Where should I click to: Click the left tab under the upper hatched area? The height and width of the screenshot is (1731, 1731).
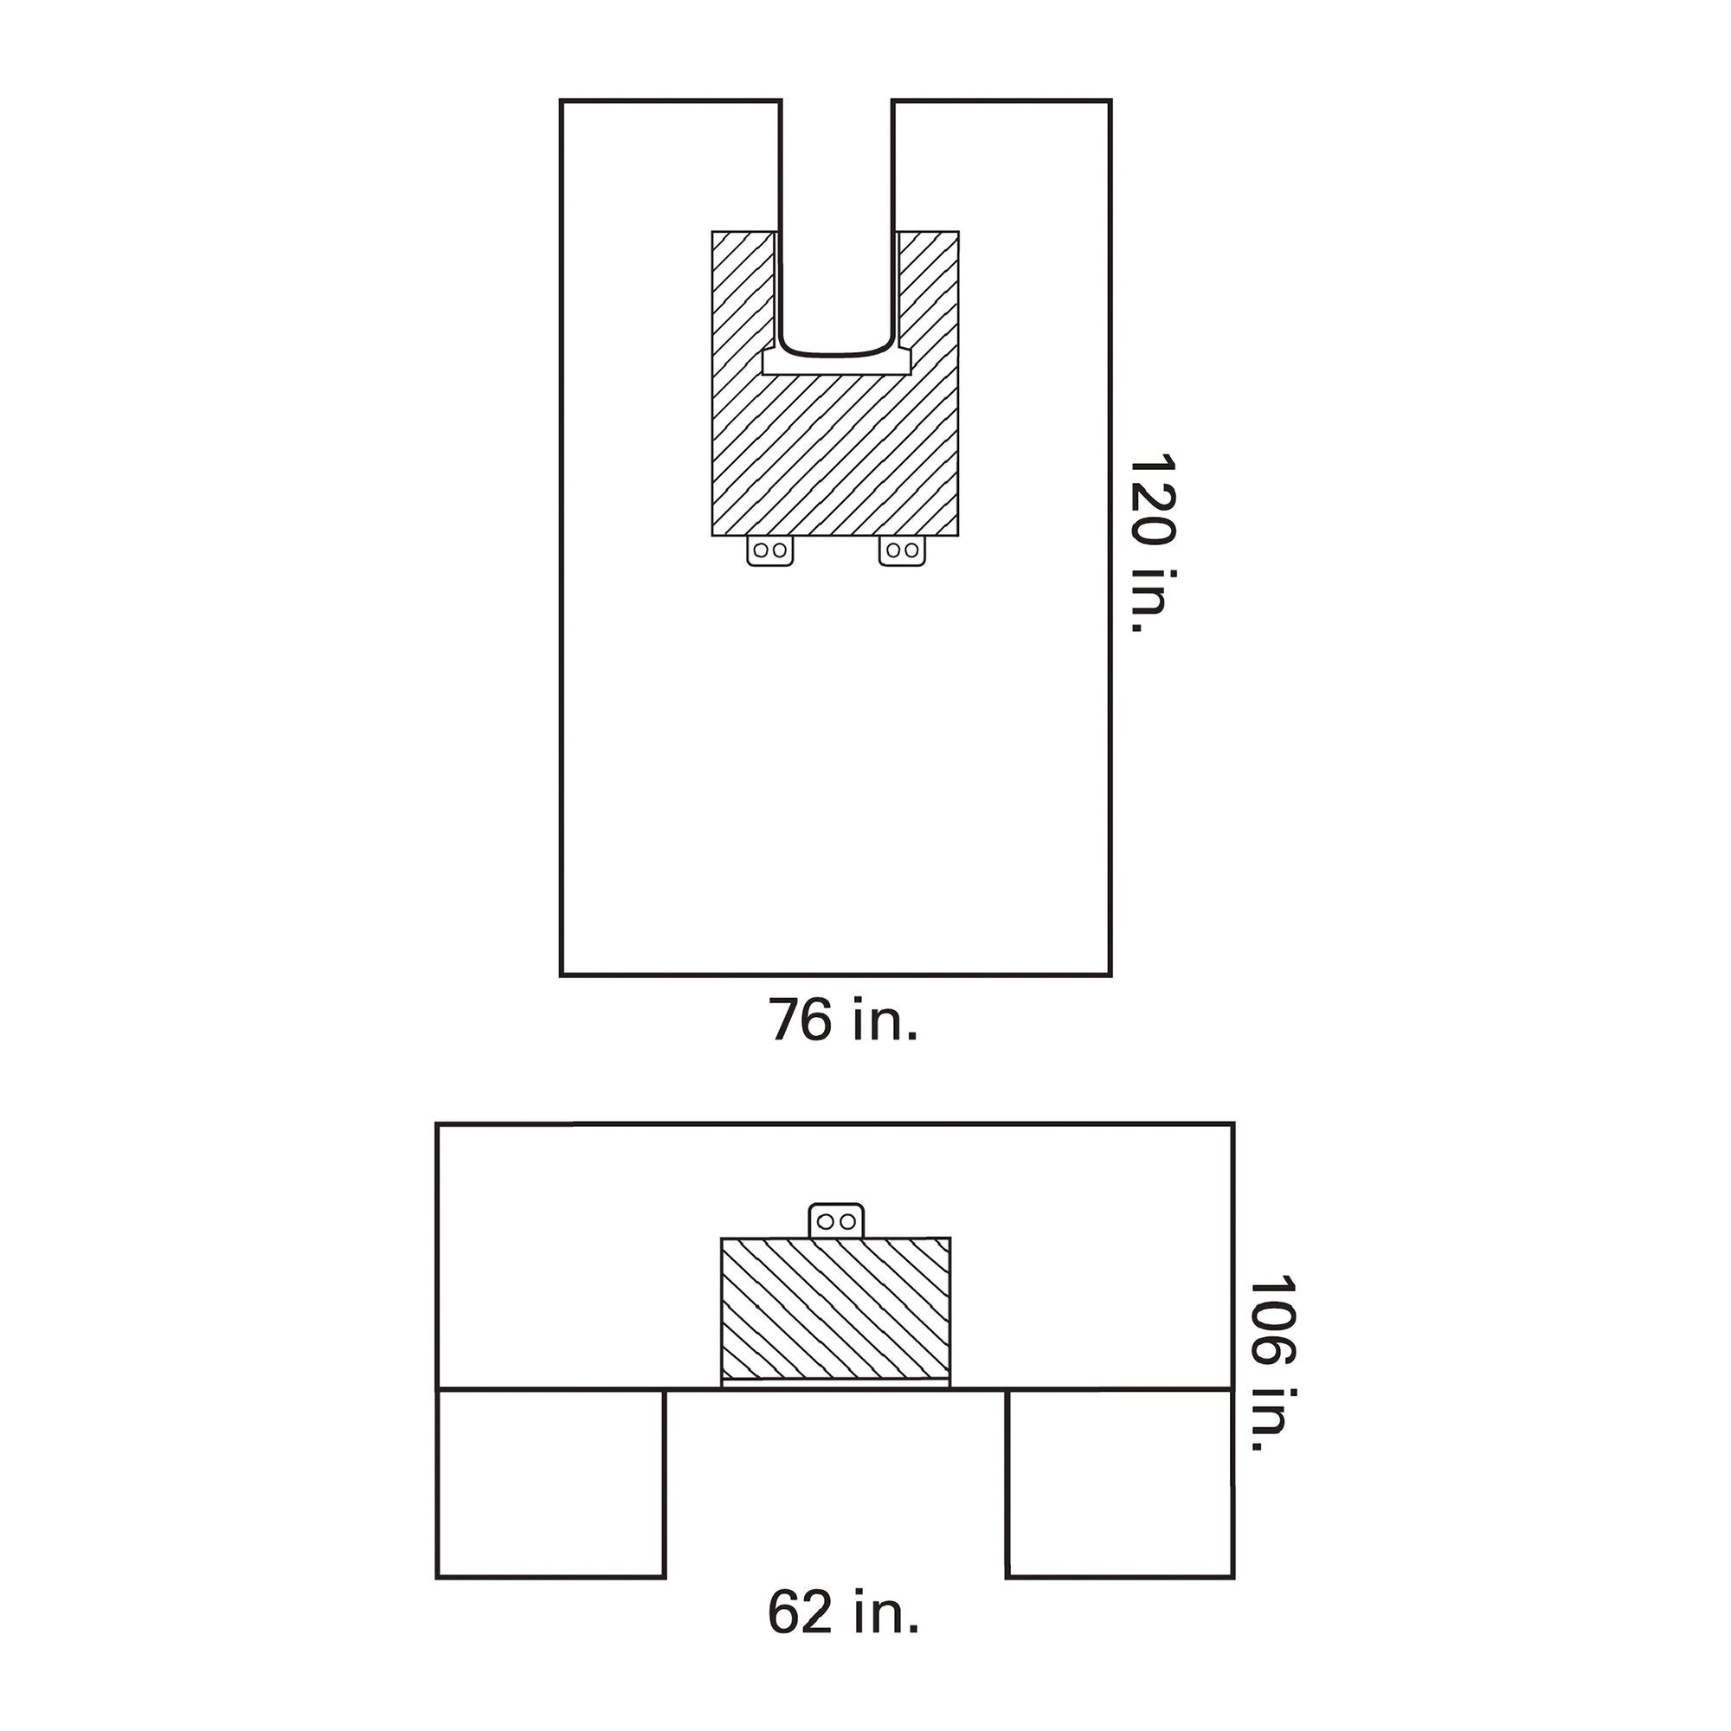coord(769,551)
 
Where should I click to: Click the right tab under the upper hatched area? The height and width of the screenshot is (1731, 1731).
coord(901,551)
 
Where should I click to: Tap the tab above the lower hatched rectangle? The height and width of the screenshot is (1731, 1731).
coord(837,1221)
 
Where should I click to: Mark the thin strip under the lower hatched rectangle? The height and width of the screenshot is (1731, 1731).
coord(835,1383)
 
